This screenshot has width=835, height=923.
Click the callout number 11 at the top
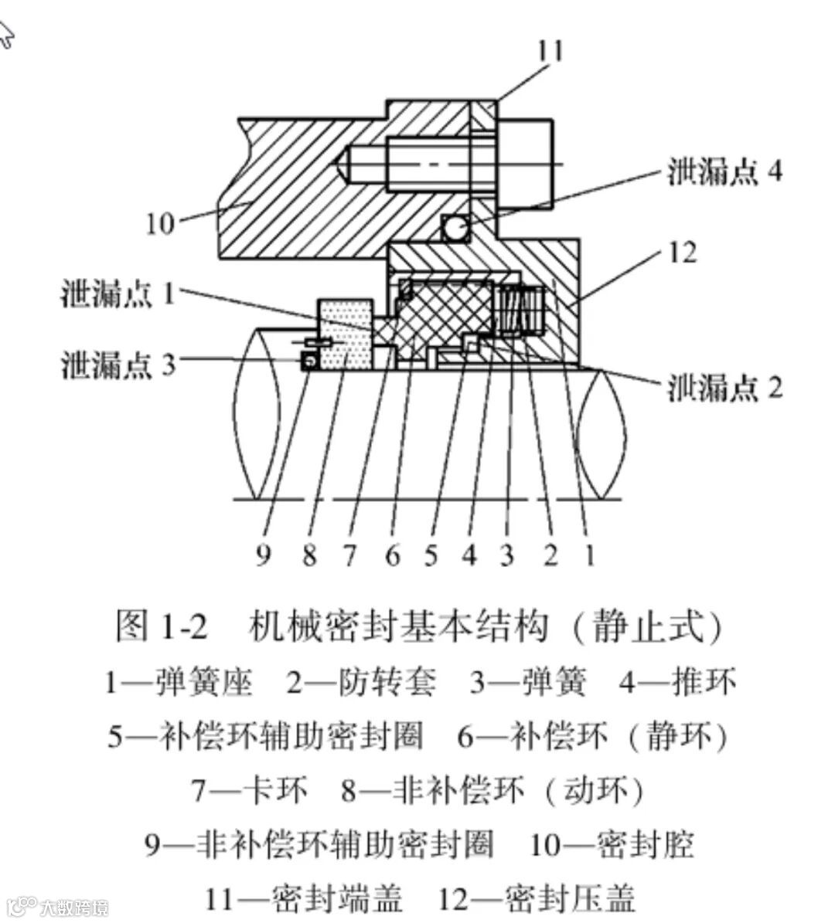[x=550, y=52]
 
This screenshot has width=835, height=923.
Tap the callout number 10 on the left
[x=160, y=224]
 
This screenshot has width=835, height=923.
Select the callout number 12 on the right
[x=682, y=252]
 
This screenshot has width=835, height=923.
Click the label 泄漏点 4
[x=724, y=171]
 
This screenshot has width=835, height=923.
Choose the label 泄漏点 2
[x=724, y=386]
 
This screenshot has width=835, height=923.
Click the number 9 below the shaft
[x=264, y=554]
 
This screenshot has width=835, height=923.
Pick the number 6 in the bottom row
[x=393, y=554]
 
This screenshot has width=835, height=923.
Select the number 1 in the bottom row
[x=589, y=554]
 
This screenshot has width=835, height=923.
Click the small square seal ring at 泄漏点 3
[x=310, y=361]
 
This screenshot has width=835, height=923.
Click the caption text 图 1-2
[x=161, y=626]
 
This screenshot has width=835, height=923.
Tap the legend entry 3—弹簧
[x=528, y=681]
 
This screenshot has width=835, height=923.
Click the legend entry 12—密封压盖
[x=537, y=898]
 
